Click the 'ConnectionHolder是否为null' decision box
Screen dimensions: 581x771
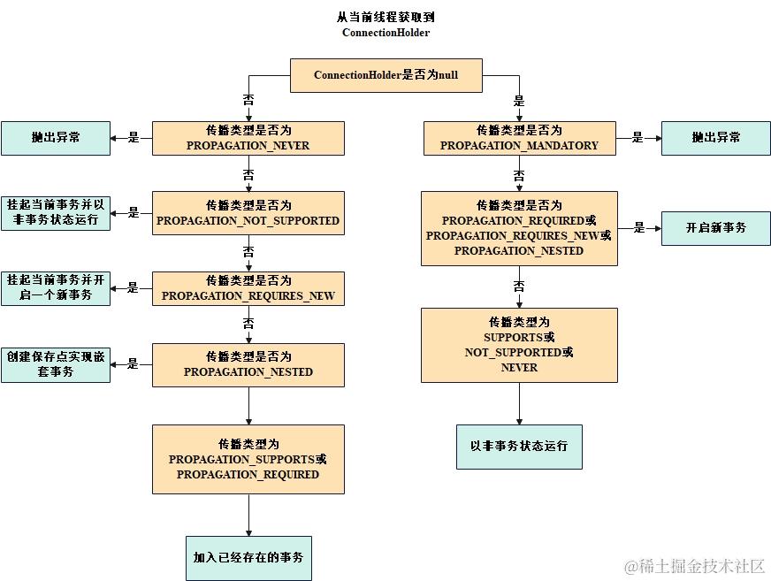(x=385, y=75)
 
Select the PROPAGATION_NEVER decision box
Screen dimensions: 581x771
(x=248, y=138)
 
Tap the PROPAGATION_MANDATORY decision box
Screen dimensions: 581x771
(x=519, y=138)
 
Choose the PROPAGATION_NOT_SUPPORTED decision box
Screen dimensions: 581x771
(x=248, y=213)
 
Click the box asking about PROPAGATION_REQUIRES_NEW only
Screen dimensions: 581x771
(x=248, y=288)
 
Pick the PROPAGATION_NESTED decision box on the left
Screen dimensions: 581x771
(x=248, y=364)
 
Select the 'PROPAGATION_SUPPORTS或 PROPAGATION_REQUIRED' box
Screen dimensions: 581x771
(x=248, y=459)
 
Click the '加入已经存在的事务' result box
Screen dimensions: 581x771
(x=248, y=558)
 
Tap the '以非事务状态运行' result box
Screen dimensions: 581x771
(x=519, y=447)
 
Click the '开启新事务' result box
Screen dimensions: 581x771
(x=715, y=228)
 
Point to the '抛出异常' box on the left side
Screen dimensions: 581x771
(x=56, y=138)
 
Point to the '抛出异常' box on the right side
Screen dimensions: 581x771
(x=715, y=138)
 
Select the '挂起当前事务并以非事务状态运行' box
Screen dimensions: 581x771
(x=56, y=213)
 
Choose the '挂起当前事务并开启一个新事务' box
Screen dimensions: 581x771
(x=56, y=288)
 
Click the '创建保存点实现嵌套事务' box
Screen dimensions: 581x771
(x=56, y=364)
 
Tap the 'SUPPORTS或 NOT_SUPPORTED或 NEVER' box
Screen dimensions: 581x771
(x=519, y=345)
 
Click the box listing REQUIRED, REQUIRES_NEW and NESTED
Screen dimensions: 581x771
(x=519, y=228)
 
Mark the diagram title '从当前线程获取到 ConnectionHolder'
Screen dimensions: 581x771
(x=385, y=25)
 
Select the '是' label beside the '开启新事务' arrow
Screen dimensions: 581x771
(x=638, y=228)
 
